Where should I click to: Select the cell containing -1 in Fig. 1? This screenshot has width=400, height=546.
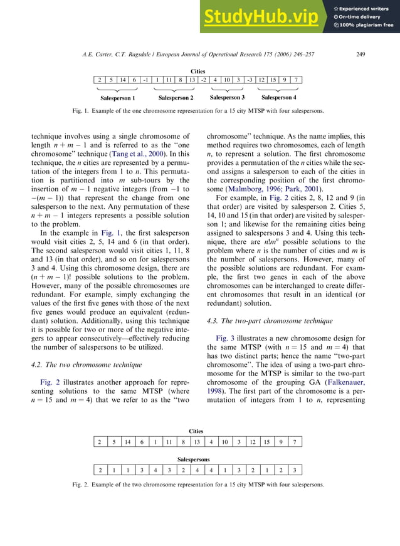[x=145, y=80]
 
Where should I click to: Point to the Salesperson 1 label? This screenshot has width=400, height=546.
[x=118, y=98]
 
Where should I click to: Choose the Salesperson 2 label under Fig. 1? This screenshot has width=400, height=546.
[x=176, y=98]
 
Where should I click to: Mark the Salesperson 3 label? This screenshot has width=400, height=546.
[x=226, y=98]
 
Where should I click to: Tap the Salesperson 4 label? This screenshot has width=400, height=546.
[x=278, y=98]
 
